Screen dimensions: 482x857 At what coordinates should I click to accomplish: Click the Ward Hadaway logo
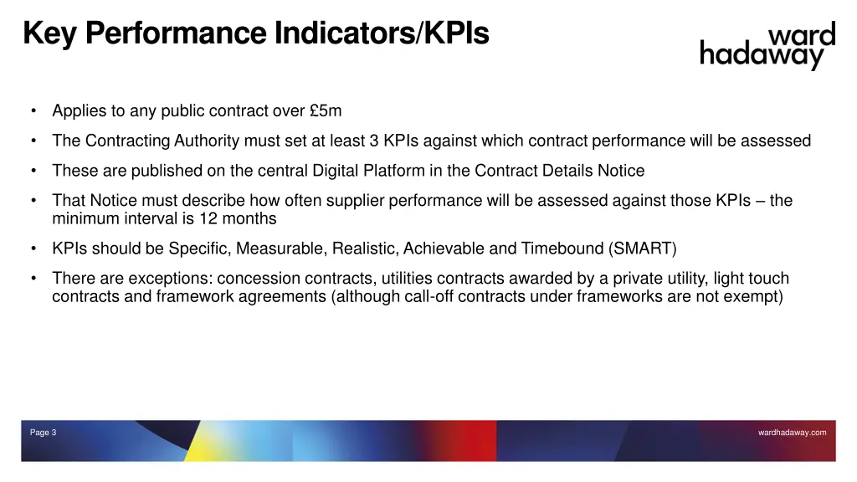click(767, 46)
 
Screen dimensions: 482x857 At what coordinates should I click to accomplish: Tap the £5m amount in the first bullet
click(326, 110)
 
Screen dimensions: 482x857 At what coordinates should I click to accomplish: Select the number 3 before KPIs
click(374, 141)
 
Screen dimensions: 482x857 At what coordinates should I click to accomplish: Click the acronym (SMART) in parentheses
click(643, 249)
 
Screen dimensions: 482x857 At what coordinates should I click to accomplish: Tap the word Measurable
click(282, 249)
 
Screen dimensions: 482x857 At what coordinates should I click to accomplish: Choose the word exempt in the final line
click(755, 296)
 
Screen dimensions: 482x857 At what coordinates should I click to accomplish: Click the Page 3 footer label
click(43, 433)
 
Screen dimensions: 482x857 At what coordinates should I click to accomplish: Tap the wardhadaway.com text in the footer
click(792, 433)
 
